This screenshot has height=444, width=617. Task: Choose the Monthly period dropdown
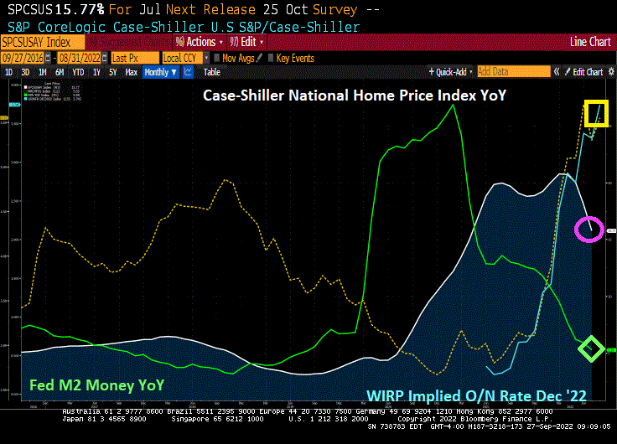click(161, 72)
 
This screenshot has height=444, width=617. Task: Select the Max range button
click(131, 72)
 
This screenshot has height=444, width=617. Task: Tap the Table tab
click(211, 72)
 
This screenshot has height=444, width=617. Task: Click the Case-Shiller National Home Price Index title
click(355, 96)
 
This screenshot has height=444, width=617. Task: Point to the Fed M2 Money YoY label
click(96, 385)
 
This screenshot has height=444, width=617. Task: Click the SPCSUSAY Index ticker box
click(37, 41)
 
